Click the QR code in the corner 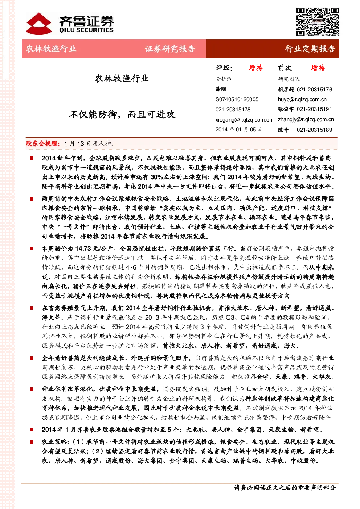click(x=318, y=22)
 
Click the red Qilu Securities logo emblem click(x=39, y=24)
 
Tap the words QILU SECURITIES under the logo click(x=86, y=30)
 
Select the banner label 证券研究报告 click(x=170, y=49)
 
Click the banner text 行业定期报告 click(x=310, y=49)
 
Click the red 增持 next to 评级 click(x=256, y=68)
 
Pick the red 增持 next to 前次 click(x=318, y=68)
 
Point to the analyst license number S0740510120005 click(x=237, y=99)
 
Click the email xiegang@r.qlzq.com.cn click(x=244, y=119)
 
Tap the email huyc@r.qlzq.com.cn click(x=302, y=99)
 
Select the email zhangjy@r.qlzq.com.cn click(x=306, y=119)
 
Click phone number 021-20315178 click(x=233, y=110)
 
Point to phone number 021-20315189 click(x=314, y=130)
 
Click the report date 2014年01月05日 click(x=239, y=130)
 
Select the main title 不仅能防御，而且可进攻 click(x=122, y=114)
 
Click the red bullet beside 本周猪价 click(x=32, y=249)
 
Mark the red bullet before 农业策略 click(x=32, y=442)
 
